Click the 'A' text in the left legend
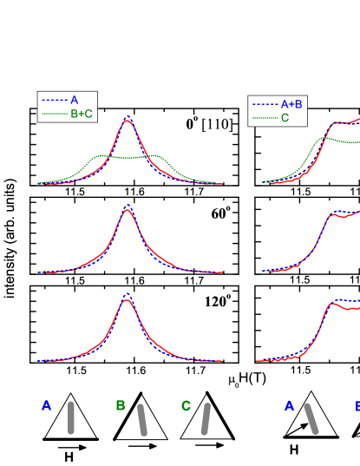coord(74,100)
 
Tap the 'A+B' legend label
coord(291,104)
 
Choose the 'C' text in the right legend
coord(285,118)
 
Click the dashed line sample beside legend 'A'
coord(54,100)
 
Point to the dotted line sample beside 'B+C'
coord(54,113)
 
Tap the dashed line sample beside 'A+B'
coord(265,104)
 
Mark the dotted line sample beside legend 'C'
coord(265,118)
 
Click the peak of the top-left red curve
coord(128,120)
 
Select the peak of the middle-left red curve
coord(128,210)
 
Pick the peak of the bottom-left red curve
coord(128,300)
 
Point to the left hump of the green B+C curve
coord(101,156)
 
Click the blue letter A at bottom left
coord(46,406)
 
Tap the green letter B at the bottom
coord(121,406)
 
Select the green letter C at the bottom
coord(186,406)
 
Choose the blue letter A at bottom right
coord(289,406)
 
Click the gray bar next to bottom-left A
coord(71,417)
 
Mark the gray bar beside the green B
coord(142,419)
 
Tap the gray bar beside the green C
coord(206,418)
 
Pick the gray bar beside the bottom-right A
coord(311,418)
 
